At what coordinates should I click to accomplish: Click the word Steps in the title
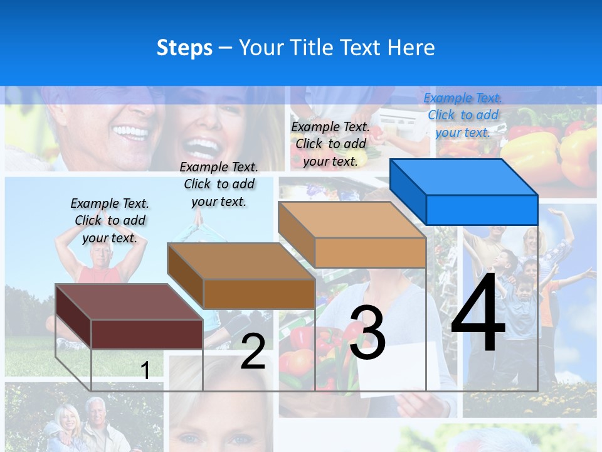(184, 48)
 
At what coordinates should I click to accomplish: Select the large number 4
(478, 314)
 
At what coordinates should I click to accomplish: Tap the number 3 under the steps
(367, 333)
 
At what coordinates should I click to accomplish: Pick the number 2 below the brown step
(253, 352)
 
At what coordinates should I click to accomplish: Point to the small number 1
(145, 370)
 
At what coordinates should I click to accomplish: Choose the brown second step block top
(241, 261)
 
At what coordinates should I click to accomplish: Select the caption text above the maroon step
(110, 220)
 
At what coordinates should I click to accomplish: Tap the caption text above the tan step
(330, 144)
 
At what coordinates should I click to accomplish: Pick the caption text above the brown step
(219, 184)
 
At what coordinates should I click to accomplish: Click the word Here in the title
(411, 48)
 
